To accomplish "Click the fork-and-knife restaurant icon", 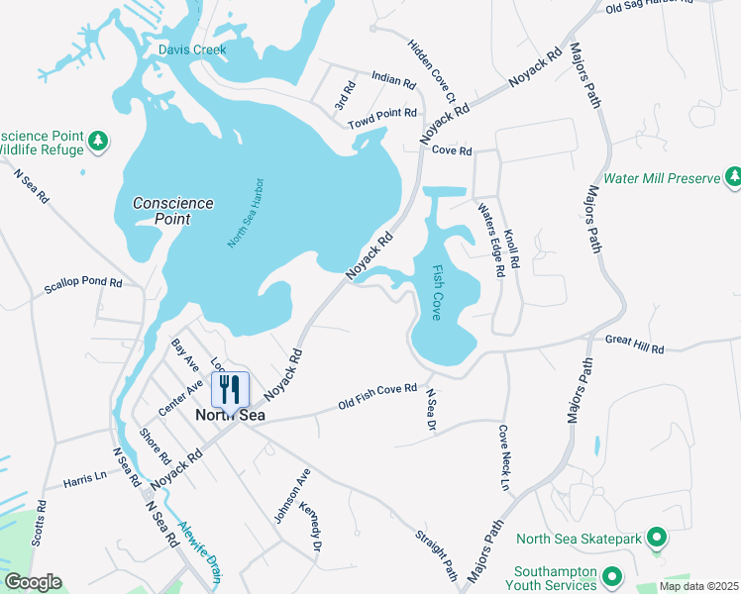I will point(230,388).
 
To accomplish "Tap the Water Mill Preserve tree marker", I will point(733,177).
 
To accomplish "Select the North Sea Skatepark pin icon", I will point(656,539).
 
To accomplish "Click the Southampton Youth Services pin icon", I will point(611,575).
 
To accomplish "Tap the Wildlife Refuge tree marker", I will point(97,142).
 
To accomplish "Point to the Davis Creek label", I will point(192,49).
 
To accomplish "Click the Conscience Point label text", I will point(172,210).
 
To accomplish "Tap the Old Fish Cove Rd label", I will point(377,397).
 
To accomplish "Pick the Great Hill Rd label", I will point(634,344).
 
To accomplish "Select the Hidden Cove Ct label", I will point(430,72).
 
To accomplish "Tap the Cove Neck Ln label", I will point(504,458).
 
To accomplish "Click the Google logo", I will point(32,582).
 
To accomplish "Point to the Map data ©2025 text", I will point(698,586).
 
